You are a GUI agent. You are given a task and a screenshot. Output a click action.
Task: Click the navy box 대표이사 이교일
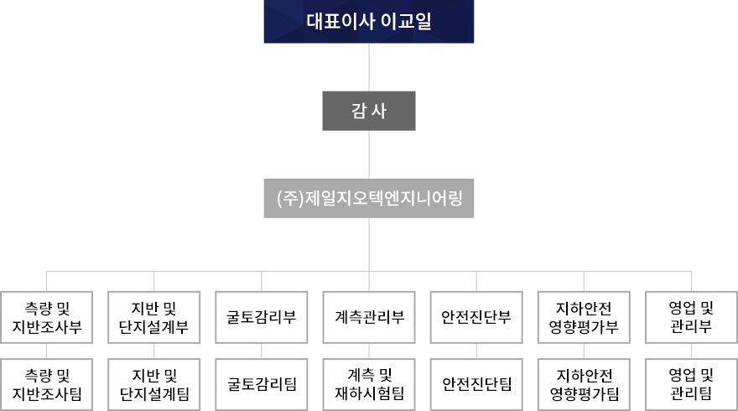point(368,21)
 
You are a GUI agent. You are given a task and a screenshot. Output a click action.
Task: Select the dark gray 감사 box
point(368,111)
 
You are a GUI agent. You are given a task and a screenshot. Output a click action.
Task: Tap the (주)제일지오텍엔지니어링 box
point(368,198)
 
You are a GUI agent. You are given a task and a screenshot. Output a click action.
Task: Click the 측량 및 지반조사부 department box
point(47,317)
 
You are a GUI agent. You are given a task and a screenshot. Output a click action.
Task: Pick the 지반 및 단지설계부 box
point(154,317)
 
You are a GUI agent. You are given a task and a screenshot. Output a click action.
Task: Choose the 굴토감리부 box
point(261,317)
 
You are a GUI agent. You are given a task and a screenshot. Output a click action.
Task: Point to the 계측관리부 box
point(369,317)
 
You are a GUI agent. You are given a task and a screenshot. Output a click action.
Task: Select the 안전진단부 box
point(476,317)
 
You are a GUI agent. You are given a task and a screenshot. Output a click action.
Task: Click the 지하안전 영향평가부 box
point(584,317)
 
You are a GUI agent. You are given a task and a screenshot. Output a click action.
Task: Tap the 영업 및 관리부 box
point(691,317)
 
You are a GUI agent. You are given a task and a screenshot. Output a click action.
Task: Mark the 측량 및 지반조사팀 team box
point(47,385)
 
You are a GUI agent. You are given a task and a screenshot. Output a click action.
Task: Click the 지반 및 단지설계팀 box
point(154,385)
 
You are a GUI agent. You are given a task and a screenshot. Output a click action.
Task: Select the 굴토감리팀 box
point(261,385)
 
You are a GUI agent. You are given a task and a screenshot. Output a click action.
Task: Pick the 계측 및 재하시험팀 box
point(369,385)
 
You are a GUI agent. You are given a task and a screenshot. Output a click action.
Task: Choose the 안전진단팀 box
point(476,385)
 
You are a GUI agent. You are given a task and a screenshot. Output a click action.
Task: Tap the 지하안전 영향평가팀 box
point(584,385)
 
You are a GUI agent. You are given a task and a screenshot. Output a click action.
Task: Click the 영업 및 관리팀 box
point(691,385)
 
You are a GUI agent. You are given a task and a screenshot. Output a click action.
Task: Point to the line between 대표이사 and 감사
point(369,67)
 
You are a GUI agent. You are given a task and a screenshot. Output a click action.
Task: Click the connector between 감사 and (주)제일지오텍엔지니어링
point(369,154)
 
